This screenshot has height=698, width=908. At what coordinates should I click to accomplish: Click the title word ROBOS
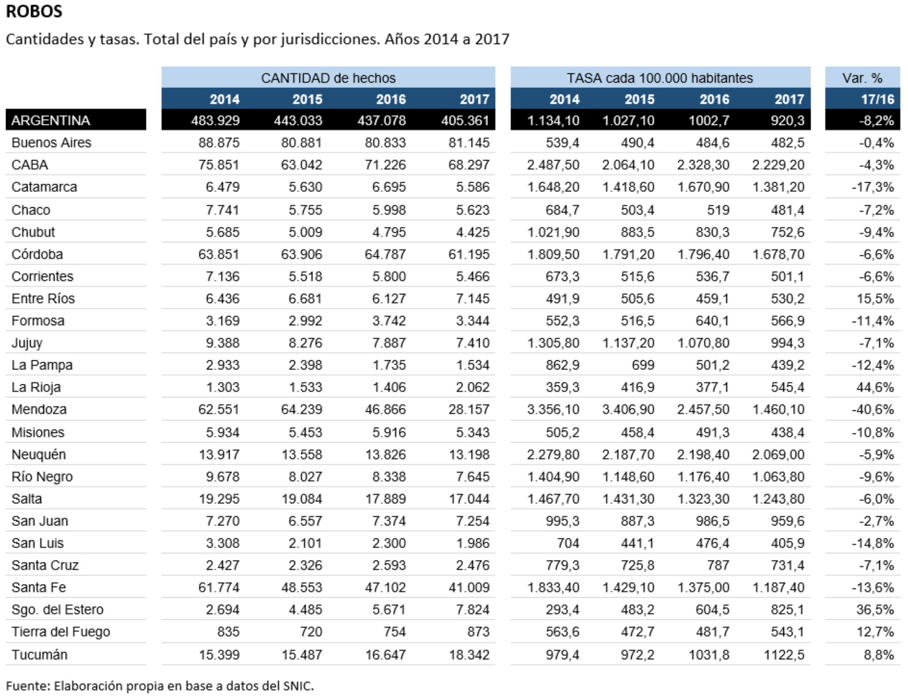pos(34,11)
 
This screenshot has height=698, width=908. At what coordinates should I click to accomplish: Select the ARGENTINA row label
pos(50,120)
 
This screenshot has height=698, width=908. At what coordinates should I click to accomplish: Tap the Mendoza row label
pos(39,409)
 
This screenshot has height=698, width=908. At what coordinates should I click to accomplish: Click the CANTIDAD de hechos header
pos(328,78)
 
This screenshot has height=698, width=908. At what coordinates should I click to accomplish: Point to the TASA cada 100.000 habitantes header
pos(660,78)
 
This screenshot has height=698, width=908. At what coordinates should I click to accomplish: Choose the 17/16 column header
pos(877,99)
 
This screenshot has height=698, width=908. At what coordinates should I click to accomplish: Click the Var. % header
pos(862,78)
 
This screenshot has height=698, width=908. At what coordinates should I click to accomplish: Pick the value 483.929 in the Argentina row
pos(215,120)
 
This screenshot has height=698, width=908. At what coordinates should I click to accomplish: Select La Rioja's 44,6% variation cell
pos(875,387)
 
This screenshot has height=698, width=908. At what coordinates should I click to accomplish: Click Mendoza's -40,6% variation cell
pos(873,409)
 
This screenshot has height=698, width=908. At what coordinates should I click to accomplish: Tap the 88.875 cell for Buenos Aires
pos(219,142)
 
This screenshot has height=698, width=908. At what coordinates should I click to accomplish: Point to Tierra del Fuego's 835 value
pos(228,631)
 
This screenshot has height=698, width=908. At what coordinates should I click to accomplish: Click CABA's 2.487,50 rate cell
pos(553,165)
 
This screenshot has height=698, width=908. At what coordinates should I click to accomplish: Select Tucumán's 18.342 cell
pos(469,655)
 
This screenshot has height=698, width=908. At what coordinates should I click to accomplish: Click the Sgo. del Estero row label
pos(57,610)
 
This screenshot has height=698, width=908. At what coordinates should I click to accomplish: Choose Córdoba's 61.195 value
pos(469,254)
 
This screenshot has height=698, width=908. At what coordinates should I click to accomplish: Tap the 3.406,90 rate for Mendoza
pos(628,409)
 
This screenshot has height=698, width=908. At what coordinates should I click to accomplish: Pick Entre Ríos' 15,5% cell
pos(875,298)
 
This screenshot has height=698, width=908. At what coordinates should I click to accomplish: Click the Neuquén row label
pos(38,454)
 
